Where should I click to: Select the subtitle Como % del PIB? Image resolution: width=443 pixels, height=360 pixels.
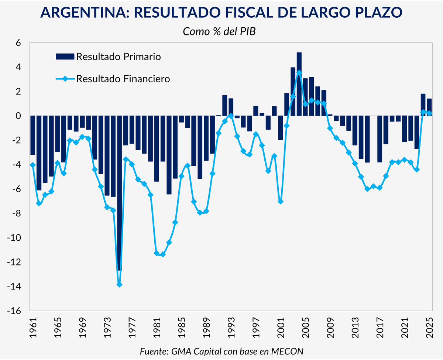click(x=220, y=31)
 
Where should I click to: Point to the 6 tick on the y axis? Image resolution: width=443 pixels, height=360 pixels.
click(x=18, y=43)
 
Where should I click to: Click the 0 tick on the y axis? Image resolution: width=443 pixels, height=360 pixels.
click(x=18, y=116)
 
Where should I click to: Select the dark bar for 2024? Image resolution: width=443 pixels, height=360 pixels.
click(x=423, y=105)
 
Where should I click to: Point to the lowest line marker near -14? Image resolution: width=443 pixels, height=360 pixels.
click(x=119, y=285)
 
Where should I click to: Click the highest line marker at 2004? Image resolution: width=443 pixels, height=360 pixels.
click(x=299, y=73)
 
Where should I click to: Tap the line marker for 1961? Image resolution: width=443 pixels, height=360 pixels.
click(x=33, y=165)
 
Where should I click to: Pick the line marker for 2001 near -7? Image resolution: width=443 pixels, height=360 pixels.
click(x=281, y=202)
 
